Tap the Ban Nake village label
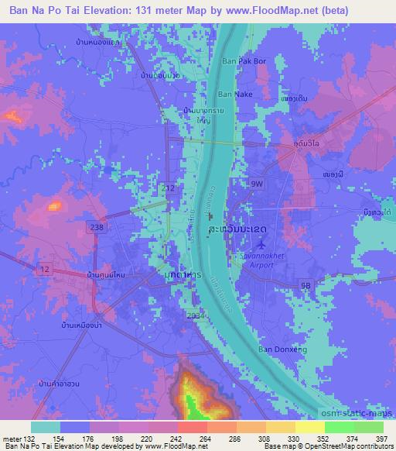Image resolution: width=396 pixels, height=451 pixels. [234, 94]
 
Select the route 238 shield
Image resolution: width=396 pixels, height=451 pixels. [118, 227]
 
